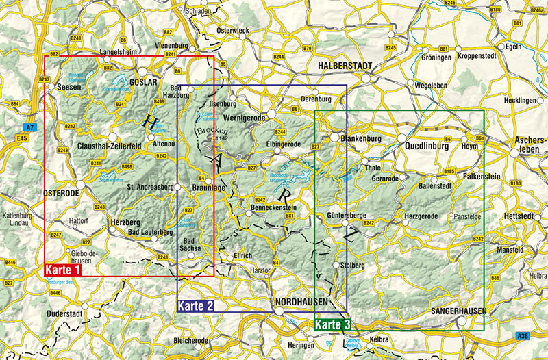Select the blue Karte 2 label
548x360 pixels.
coord(196,305)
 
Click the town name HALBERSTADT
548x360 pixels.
coord(345,65)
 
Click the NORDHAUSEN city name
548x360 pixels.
coord(301,302)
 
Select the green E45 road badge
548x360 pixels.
coord(23,138)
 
